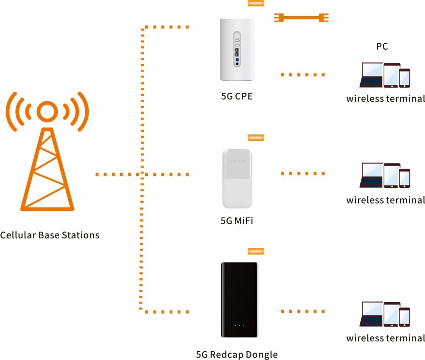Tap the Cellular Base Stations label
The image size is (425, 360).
50,235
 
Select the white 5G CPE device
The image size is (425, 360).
237,49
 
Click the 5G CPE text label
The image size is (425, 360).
237,96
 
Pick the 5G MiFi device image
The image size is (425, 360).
237,179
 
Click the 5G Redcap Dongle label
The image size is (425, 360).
237,355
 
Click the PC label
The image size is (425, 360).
382,47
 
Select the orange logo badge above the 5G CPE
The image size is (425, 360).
256,2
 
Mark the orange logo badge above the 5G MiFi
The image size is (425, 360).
256,138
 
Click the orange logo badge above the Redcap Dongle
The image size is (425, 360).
256,252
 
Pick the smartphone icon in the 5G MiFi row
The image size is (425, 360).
404,178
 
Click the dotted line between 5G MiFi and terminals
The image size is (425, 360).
303,174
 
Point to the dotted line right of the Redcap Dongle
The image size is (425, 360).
303,311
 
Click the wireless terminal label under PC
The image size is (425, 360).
385,99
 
